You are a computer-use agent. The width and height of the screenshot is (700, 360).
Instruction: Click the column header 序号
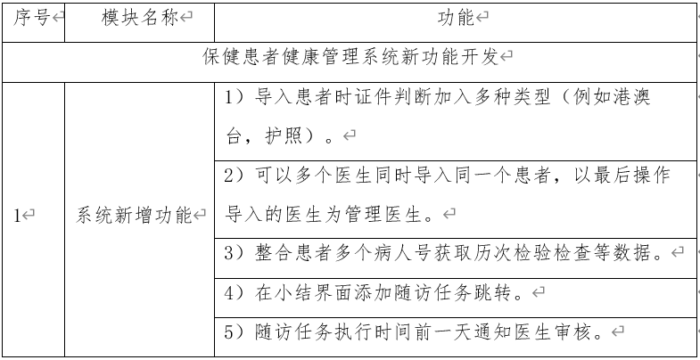[x=31, y=18]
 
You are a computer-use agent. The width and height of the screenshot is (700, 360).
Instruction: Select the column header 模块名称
[x=139, y=18]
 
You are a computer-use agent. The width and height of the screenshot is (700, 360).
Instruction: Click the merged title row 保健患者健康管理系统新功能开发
[x=350, y=58]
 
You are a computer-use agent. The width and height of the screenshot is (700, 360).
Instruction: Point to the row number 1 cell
[x=18, y=216]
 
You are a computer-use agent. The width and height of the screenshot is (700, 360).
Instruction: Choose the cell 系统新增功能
[x=134, y=216]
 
